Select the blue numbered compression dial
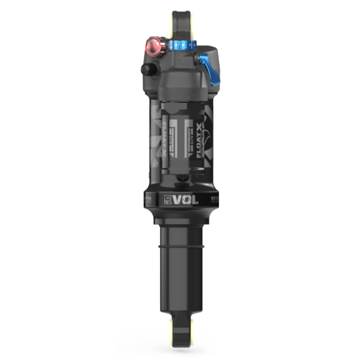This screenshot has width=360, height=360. point(182,44)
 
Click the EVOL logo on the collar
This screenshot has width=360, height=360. point(181,199)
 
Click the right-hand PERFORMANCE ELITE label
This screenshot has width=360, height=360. point(190,140)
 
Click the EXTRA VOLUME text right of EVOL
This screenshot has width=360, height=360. point(214,199)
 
